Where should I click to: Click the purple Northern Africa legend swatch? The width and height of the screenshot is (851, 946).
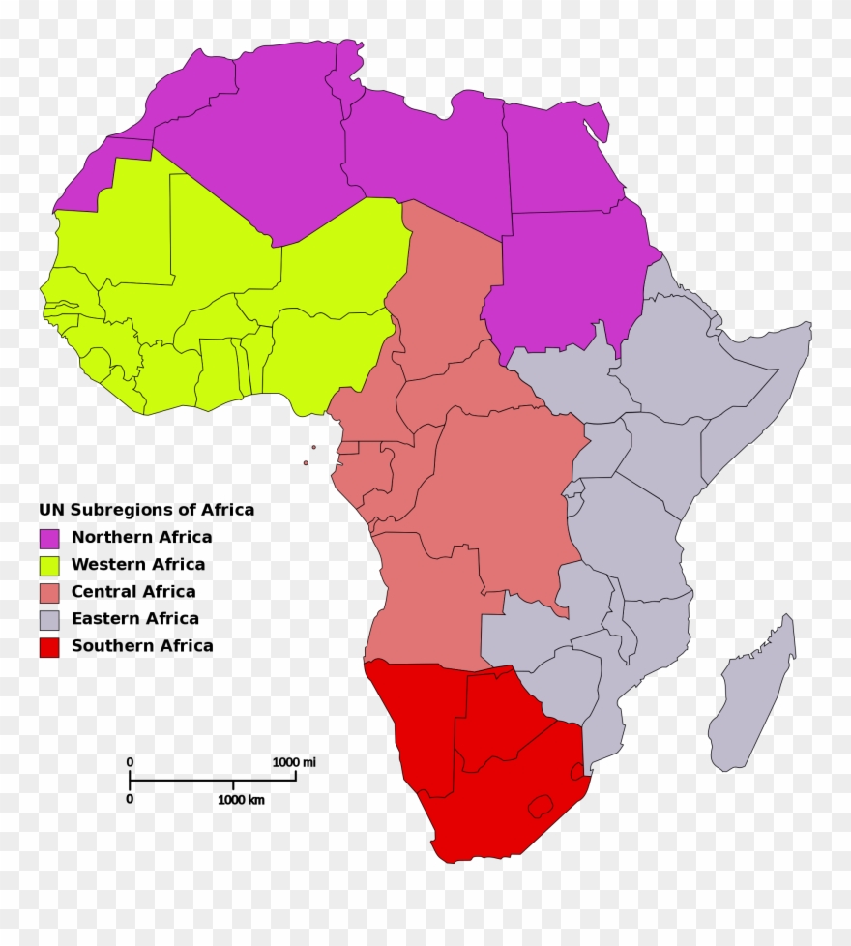coord(48,538)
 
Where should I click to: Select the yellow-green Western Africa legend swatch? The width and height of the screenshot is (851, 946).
coord(48,565)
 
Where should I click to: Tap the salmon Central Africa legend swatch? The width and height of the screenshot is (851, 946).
coord(48,592)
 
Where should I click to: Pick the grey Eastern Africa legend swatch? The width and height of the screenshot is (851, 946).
coord(48,619)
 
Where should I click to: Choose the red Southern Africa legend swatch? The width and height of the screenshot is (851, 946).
coord(48,646)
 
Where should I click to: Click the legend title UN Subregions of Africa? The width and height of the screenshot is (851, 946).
coord(146,510)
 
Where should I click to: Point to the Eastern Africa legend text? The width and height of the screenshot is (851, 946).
coord(135,619)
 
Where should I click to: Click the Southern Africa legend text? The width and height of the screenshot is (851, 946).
coord(142,646)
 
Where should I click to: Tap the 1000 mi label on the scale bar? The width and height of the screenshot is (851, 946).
coord(294,762)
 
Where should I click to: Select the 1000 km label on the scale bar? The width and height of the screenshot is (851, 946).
coord(241,800)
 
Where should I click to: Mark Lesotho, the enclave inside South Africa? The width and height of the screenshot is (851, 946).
coord(539,805)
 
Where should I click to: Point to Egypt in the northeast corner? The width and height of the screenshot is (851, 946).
coord(561,160)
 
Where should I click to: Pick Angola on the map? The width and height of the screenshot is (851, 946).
coord(425,600)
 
